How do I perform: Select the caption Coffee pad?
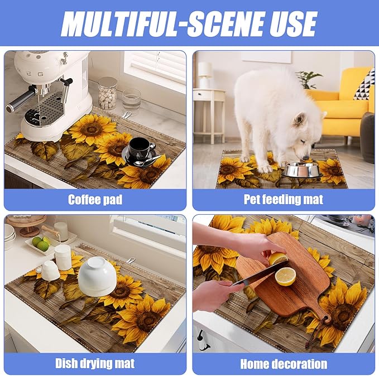coord(95,200)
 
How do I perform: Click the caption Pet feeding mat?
coord(284,200)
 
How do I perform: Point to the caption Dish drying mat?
coord(95,363)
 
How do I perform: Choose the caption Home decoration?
coord(284,364)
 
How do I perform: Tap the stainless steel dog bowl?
coord(301,170)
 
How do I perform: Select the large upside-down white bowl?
coord(97,276)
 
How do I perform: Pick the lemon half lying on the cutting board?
coord(285,277)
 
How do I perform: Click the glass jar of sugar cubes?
coord(107,93)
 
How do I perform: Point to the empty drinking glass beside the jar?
coord(131,99)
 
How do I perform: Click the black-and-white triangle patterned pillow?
coord(364,86)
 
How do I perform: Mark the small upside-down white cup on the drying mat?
coord(50,271)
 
